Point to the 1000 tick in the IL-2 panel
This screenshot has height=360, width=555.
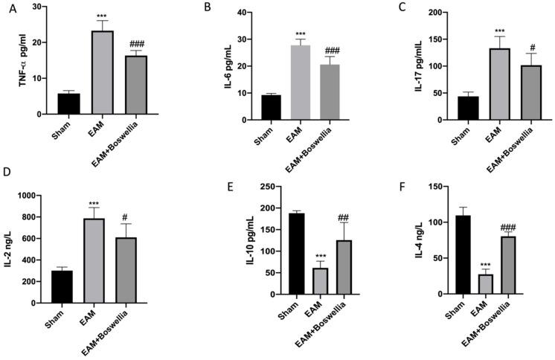(x=33, y=196)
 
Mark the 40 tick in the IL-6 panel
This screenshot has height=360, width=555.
(x=245, y=13)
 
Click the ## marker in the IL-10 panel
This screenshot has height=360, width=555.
(x=345, y=216)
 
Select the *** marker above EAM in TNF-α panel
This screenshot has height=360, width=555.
(x=97, y=14)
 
